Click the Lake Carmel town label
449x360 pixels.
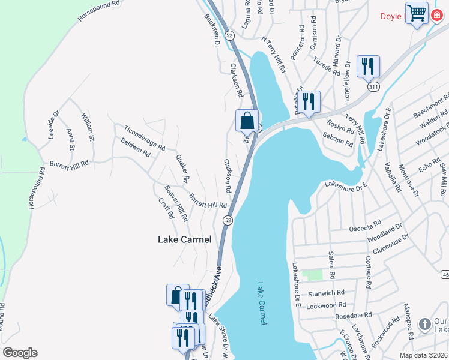tap(184, 239)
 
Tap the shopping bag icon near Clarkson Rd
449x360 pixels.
tap(247, 121)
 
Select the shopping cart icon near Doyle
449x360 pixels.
tap(417, 13)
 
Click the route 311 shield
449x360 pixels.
tap(373, 87)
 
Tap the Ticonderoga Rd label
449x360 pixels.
tap(143, 137)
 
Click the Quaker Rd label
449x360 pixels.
tap(182, 169)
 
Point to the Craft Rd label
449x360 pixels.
tap(166, 208)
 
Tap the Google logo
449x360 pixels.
tap(20, 352)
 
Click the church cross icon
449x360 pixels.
tap(425, 325)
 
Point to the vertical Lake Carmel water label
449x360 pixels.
tap(261, 304)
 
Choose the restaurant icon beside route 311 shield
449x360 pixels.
tap(368, 66)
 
